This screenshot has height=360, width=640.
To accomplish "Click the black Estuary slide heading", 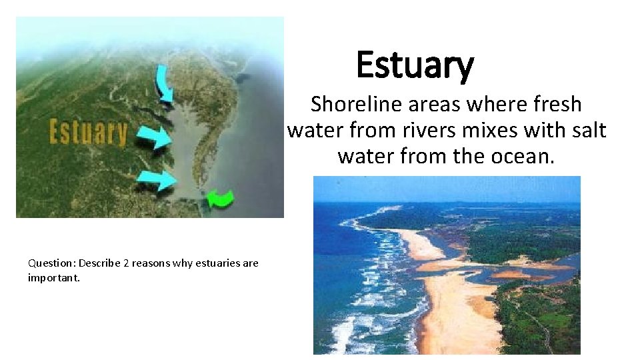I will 415,65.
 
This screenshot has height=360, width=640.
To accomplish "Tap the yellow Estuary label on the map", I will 88,132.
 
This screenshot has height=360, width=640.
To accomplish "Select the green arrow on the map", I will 220,198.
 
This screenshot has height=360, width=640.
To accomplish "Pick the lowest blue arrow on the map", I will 157,179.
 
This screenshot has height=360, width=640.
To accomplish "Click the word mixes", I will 493,130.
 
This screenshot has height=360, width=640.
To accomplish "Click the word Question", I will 51,263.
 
